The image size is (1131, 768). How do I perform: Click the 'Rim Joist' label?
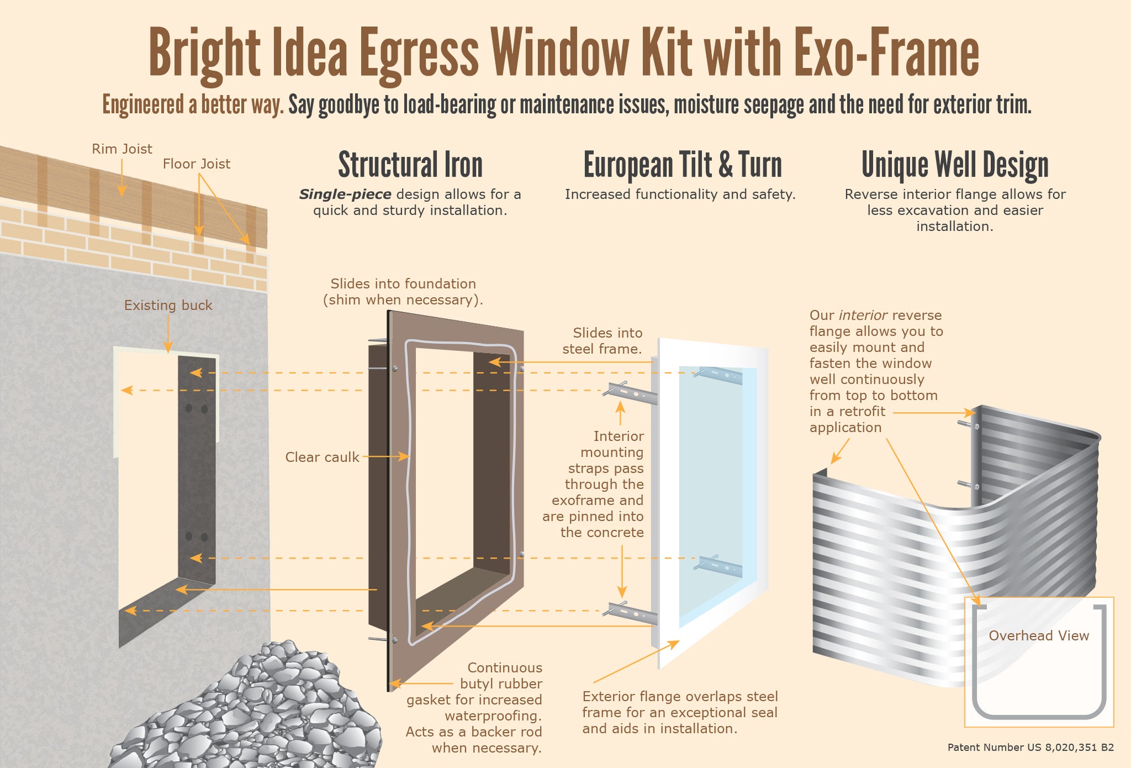pyautogui.click(x=122, y=149)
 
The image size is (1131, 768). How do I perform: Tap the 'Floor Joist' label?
pyautogui.click(x=196, y=164)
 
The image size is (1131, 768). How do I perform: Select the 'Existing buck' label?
pyautogui.click(x=168, y=306)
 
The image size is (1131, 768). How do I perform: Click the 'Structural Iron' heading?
pyautogui.click(x=410, y=165)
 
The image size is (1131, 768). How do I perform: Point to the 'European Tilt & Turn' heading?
pyautogui.click(x=682, y=165)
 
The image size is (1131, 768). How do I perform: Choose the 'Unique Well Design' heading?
pyautogui.click(x=955, y=165)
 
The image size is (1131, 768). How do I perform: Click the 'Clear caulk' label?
pyautogui.click(x=322, y=457)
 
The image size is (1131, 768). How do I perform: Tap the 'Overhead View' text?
pyautogui.click(x=1038, y=636)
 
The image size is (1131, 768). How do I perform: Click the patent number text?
pyautogui.click(x=1030, y=748)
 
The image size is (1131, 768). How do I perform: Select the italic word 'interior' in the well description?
pyautogui.click(x=862, y=315)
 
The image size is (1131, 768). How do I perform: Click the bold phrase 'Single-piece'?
pyautogui.click(x=345, y=195)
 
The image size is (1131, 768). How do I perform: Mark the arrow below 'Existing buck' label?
pyautogui.click(x=168, y=334)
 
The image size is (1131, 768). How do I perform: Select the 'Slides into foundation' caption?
pyautogui.click(x=403, y=291)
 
